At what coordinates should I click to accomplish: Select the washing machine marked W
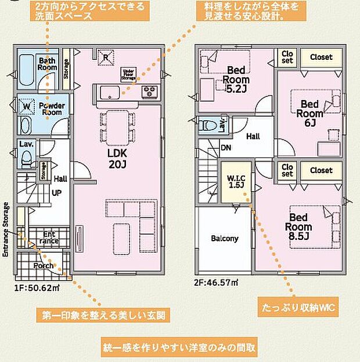[x=26, y=107]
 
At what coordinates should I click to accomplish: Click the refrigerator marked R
[x=106, y=58]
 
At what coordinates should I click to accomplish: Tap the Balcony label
[x=224, y=238]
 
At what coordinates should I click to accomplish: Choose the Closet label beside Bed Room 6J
[x=321, y=57]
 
